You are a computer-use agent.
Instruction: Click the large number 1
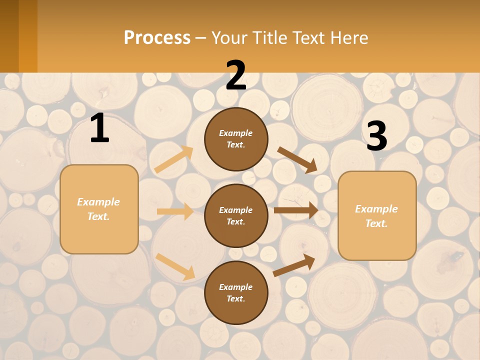[99, 128]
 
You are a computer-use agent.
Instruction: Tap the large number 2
[235, 75]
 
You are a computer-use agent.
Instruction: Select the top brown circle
[236, 139]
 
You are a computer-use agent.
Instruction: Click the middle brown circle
[236, 215]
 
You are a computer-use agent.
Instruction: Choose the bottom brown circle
[236, 292]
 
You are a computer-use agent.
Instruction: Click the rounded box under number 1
[99, 209]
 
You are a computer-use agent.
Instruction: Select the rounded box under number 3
[377, 216]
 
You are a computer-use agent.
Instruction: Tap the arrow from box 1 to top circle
[174, 159]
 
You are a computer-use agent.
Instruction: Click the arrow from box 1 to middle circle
[175, 211]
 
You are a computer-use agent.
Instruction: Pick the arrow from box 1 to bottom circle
[175, 266]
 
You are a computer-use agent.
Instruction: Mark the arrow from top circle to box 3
[297, 159]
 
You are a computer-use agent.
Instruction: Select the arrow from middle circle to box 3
[296, 210]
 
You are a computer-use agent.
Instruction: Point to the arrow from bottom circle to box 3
[294, 265]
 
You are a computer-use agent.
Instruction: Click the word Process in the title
[157, 37]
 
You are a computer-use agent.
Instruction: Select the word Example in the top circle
[236, 133]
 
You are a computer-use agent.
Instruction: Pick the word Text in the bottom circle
[235, 298]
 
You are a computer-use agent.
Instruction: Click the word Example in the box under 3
[376, 209]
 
